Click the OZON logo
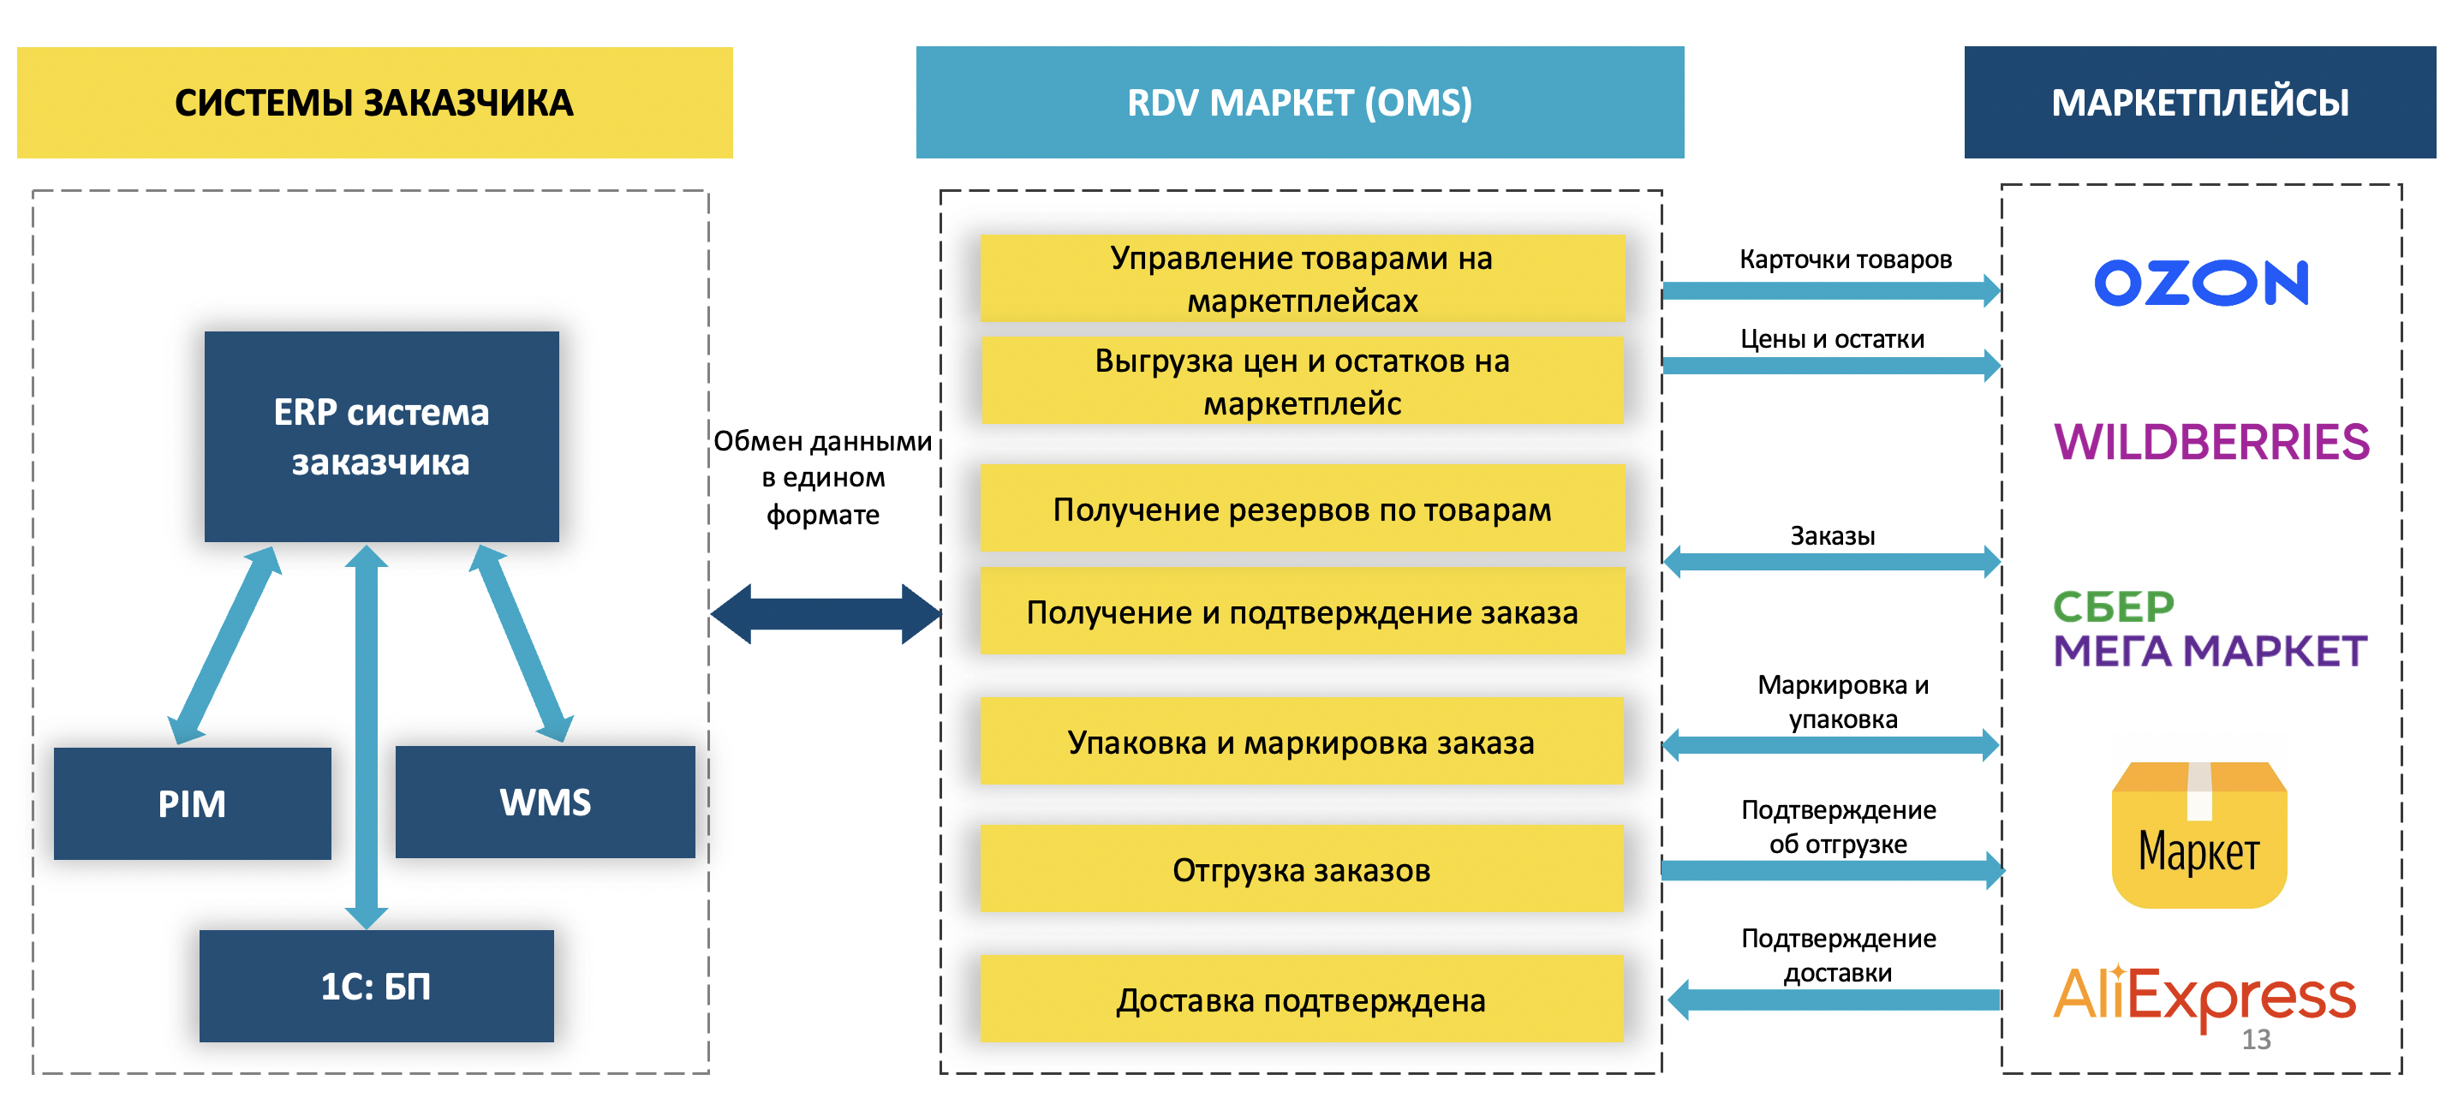(x=2200, y=283)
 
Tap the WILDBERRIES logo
(x=2210, y=442)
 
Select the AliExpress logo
(x=2204, y=995)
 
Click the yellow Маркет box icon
(x=2198, y=835)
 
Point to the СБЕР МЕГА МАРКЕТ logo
(x=2209, y=629)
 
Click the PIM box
(x=192, y=803)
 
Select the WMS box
(x=545, y=802)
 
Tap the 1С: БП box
(x=376, y=986)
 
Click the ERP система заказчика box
(x=381, y=437)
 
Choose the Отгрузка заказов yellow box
(x=1302, y=869)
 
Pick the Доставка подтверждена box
(x=1302, y=999)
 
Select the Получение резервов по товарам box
(x=1302, y=509)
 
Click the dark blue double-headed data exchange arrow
(x=826, y=613)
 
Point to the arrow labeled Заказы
(x=1831, y=561)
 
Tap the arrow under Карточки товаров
(x=1831, y=290)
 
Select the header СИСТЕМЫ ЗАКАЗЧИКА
(x=374, y=102)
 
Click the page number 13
(x=2256, y=1039)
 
